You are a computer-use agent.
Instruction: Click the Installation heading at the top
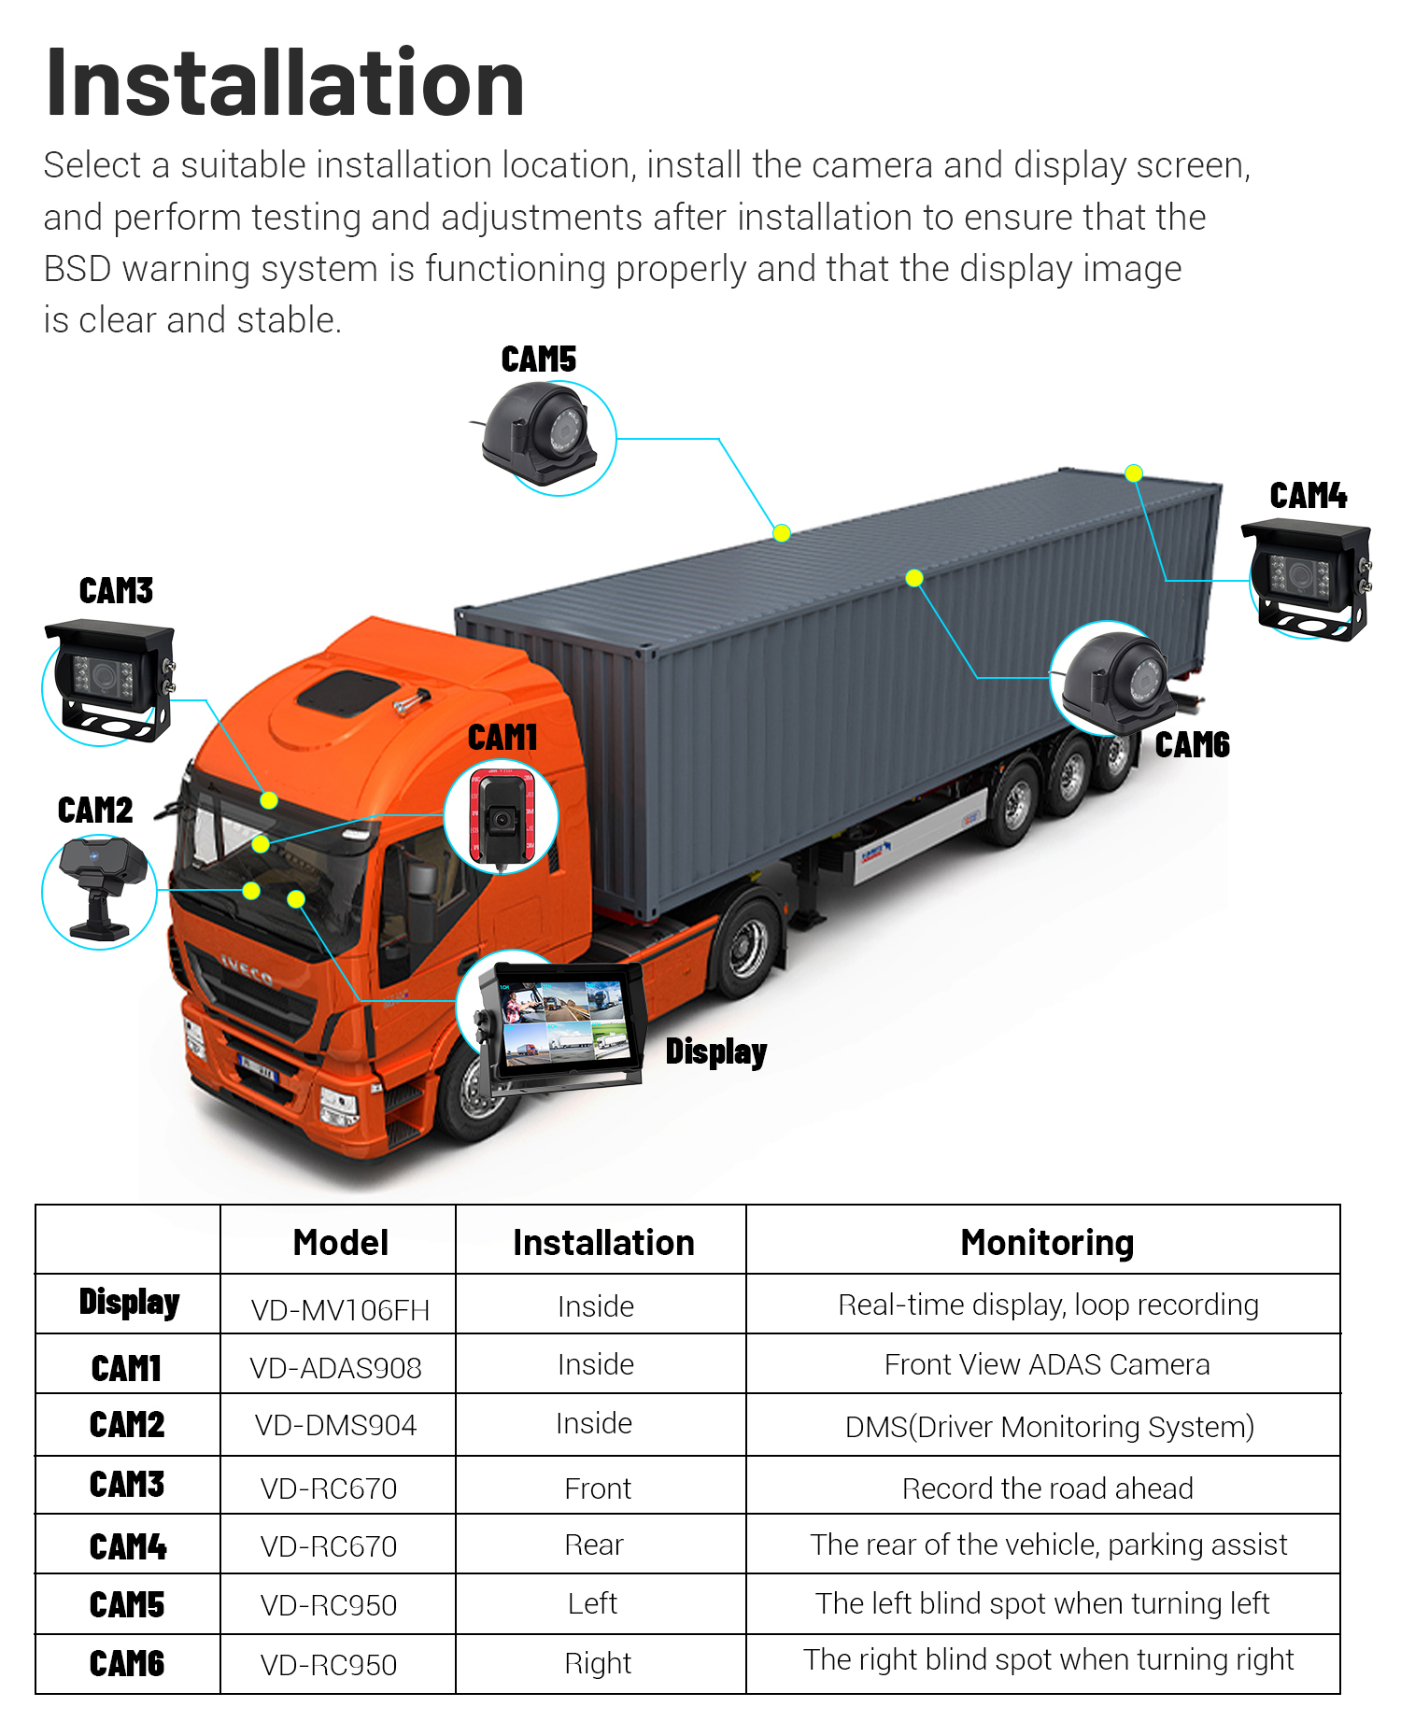284,84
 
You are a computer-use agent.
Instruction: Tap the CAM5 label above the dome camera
538,360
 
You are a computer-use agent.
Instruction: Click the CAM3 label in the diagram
116,591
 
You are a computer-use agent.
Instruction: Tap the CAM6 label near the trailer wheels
1192,745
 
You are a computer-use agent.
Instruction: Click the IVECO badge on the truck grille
247,971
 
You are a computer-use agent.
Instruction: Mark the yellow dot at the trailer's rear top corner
1133,473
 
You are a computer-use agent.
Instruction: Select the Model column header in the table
340,1243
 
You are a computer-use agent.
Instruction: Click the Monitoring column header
1046,1243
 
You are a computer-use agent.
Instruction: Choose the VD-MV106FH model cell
340,1309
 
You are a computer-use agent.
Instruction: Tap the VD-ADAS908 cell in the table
335,1368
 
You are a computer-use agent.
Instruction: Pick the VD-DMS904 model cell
335,1425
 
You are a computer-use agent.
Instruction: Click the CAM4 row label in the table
128,1546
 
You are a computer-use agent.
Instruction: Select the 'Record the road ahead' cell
1046,1488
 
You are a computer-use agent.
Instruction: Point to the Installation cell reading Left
593,1603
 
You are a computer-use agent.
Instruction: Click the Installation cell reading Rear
594,1545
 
